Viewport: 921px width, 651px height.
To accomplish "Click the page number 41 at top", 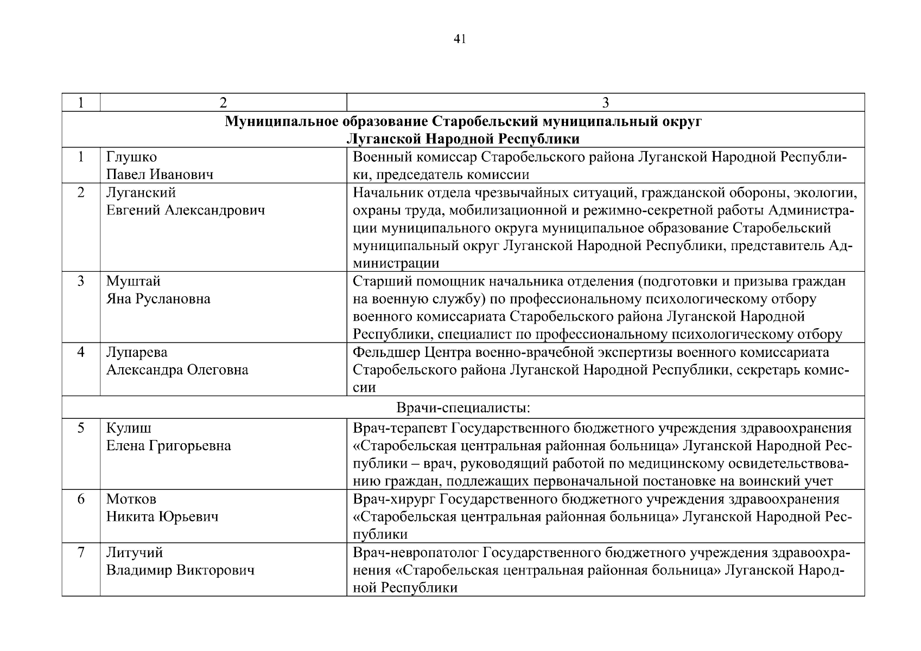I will point(460,39).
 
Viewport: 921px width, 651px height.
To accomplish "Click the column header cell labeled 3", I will point(605,103).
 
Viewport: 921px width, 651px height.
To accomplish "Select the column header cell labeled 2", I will point(223,103).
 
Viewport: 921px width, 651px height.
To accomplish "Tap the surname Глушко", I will point(131,157).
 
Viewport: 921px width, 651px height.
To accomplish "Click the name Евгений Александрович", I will point(186,210).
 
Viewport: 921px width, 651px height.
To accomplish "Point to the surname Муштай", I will point(134,282).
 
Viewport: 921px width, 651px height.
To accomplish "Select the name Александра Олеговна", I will point(177,370).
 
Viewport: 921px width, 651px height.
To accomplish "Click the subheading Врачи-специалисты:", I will point(463,407).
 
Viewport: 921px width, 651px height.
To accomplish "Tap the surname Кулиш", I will point(129,429).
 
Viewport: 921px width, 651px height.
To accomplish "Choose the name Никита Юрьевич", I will point(162,516).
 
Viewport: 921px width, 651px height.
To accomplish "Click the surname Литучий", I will point(135,553).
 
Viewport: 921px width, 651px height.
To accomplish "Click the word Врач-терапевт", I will point(400,429).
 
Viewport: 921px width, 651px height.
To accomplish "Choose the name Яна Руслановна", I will point(158,299).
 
